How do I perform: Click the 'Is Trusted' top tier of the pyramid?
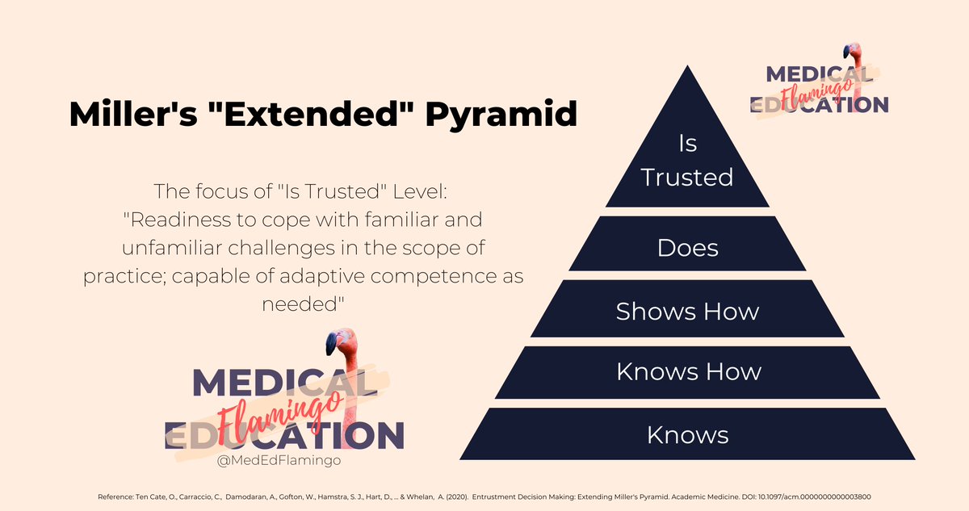tap(687, 161)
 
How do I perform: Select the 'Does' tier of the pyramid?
tap(687, 246)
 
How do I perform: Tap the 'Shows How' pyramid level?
tap(687, 311)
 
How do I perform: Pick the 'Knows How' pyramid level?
tap(688, 371)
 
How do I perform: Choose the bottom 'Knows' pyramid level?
tap(687, 435)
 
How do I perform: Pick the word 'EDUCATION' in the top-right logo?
tap(820, 104)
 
